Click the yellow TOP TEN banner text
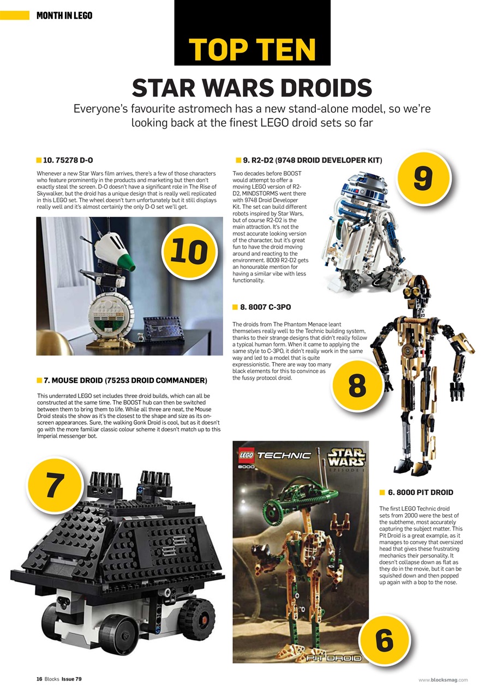click(x=252, y=50)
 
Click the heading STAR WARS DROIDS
click(x=252, y=88)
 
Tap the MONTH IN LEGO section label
click(x=64, y=15)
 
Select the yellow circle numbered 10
click(x=188, y=251)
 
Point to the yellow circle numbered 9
click(x=423, y=178)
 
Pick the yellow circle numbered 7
click(x=53, y=485)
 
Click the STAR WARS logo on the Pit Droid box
click(x=346, y=457)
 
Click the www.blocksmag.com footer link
click(x=443, y=679)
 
